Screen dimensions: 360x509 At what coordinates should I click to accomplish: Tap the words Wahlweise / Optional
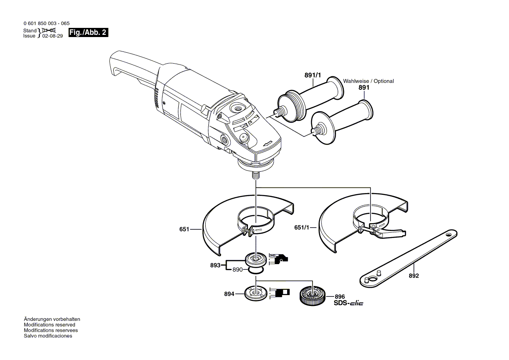(368, 81)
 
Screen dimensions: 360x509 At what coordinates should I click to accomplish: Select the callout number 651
(184, 229)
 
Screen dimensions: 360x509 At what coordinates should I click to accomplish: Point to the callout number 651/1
(302, 227)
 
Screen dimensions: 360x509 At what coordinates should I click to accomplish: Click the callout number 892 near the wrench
(414, 276)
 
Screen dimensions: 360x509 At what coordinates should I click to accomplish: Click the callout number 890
(237, 270)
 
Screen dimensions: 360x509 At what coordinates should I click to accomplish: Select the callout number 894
(230, 294)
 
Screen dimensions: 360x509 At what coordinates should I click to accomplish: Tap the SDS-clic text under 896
(349, 303)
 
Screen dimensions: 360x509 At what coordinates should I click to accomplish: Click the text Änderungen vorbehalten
(52, 319)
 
